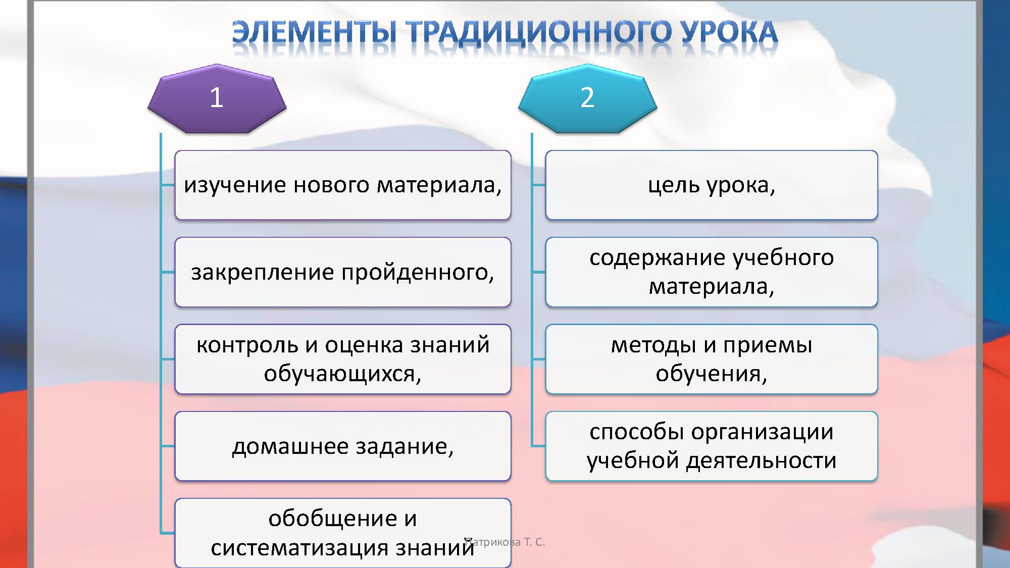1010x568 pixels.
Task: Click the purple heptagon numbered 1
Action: tap(217, 99)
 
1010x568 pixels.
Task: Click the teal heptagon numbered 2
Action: tap(587, 99)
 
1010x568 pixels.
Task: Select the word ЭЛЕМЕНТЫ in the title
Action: tap(314, 33)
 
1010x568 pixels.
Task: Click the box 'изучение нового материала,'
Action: tap(342, 185)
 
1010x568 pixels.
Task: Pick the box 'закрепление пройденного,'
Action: tap(342, 273)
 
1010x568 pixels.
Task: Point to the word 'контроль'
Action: tap(247, 345)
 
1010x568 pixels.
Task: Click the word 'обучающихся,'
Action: tap(342, 374)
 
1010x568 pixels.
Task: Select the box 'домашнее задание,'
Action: tap(342, 446)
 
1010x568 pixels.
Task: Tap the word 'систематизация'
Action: tap(300, 548)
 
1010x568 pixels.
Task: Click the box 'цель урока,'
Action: tap(711, 185)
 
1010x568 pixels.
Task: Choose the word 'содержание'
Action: tap(657, 258)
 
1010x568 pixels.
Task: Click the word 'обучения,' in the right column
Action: tap(711, 374)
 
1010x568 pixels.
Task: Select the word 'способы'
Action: tap(636, 432)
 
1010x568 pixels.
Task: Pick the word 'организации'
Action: tap(762, 432)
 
